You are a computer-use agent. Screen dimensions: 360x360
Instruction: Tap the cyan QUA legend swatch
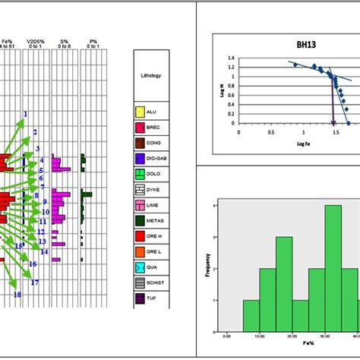(x=141, y=267)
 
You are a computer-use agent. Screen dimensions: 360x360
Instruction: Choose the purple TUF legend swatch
(x=141, y=298)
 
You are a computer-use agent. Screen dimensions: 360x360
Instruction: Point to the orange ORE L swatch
(x=141, y=251)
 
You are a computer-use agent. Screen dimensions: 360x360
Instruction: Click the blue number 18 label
(x=17, y=295)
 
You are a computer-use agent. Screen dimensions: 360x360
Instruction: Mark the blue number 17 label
(x=35, y=283)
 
